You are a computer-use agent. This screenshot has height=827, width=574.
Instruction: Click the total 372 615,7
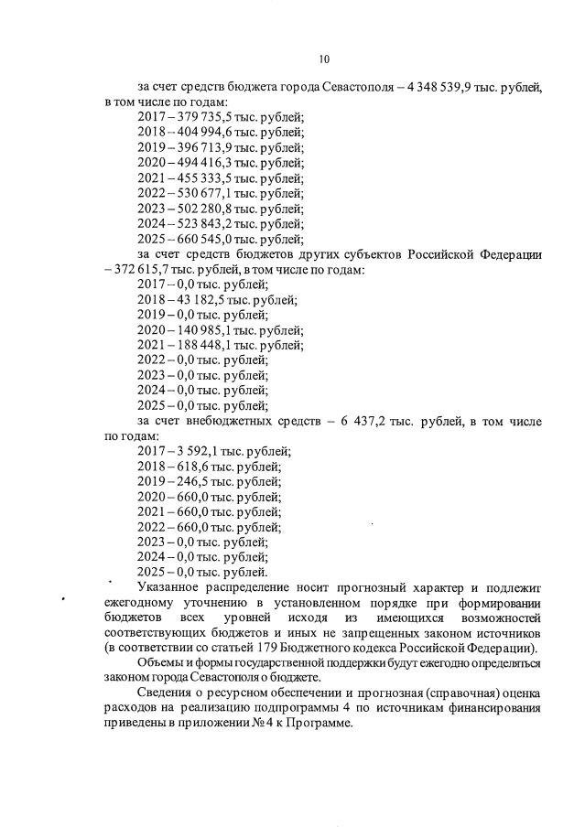(x=140, y=269)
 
